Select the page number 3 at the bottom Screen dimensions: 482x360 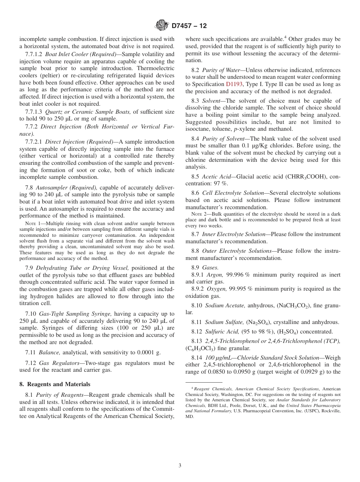point(180,466)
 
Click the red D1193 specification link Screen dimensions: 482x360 point(234,85)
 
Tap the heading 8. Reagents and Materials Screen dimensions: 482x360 point(55,384)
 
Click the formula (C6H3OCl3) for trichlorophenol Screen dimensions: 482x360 point(200,348)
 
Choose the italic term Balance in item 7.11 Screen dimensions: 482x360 point(48,352)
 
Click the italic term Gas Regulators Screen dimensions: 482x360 point(57,363)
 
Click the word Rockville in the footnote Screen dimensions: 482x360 point(330,411)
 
